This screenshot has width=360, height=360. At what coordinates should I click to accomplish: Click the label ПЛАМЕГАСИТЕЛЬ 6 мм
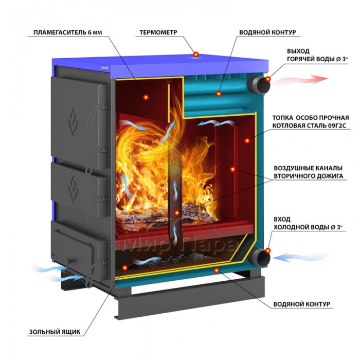pyautogui.click(x=68, y=32)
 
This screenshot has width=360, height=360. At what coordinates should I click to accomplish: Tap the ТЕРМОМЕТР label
pyautogui.click(x=158, y=32)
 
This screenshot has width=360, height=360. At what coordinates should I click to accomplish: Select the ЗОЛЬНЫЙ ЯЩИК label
pyautogui.click(x=55, y=332)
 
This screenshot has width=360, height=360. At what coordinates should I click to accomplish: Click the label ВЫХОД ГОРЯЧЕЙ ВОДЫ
pyautogui.click(x=317, y=55)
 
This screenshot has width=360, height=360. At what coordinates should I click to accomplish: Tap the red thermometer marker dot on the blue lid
pyautogui.click(x=195, y=55)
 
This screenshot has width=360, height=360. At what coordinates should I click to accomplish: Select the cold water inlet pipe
pyautogui.click(x=259, y=257)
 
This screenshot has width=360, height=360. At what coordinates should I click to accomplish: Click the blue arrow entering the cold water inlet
pyautogui.click(x=301, y=257)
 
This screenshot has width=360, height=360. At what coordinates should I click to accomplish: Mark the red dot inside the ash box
pyautogui.click(x=124, y=267)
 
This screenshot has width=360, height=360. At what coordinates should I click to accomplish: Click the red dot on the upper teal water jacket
pyautogui.click(x=219, y=94)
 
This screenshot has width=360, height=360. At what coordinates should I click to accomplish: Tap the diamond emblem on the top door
pyautogui.click(x=73, y=121)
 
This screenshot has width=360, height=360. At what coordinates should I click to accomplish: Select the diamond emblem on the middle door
pyautogui.click(x=74, y=189)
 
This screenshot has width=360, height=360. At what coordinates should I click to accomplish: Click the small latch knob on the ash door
pyautogui.click(x=69, y=261)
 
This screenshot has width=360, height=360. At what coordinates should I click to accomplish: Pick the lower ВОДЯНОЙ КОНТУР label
pyautogui.click(x=302, y=304)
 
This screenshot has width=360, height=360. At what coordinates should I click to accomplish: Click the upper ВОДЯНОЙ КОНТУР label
pyautogui.click(x=268, y=32)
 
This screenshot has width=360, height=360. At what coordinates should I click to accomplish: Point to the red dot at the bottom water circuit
pyautogui.click(x=217, y=271)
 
